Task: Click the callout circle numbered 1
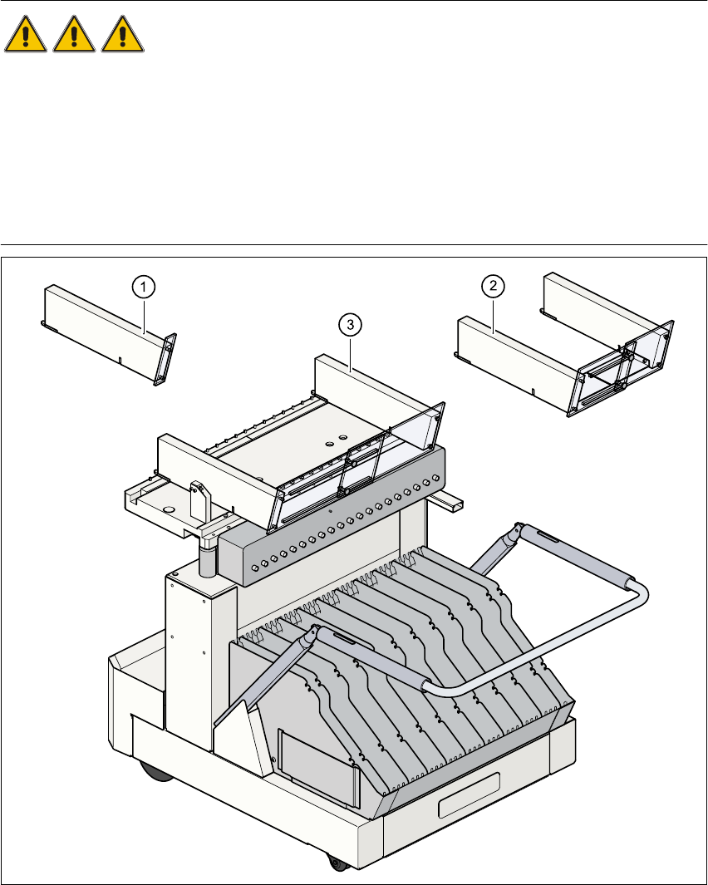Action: [144, 287]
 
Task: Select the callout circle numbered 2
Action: [494, 287]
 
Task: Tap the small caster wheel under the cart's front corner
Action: [337, 864]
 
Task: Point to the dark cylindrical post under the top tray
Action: [208, 554]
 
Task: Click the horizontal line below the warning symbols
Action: [354, 245]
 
